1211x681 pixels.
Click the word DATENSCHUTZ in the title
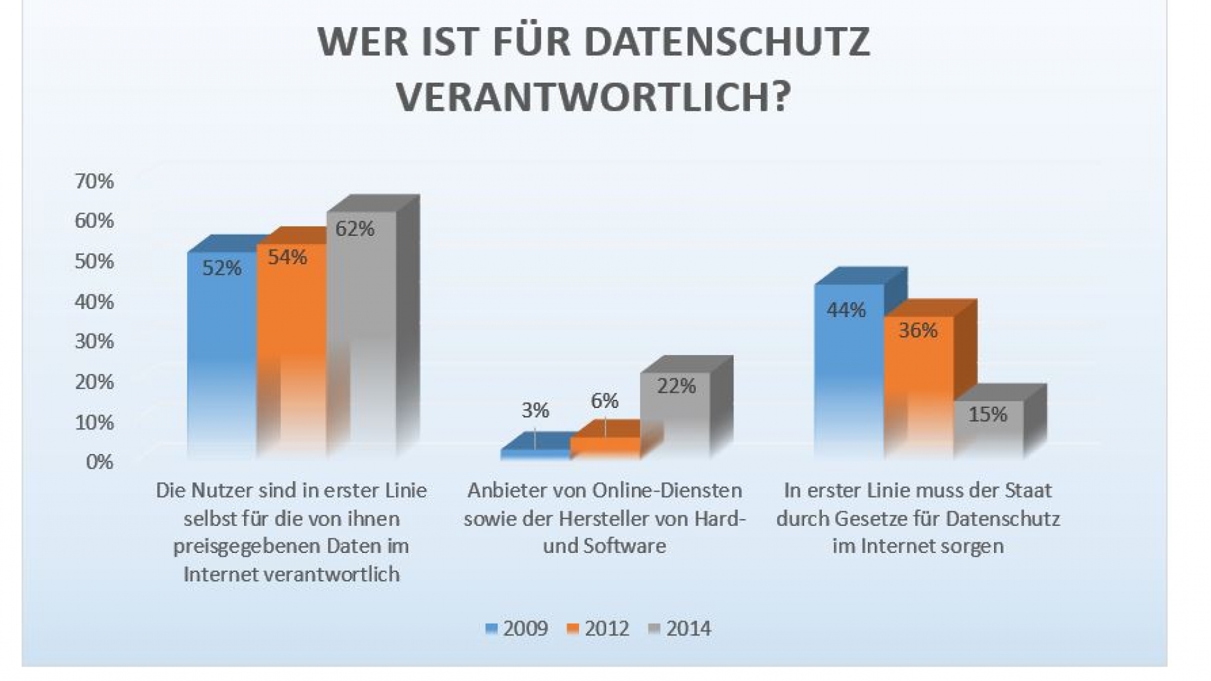point(728,42)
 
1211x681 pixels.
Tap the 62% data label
point(354,228)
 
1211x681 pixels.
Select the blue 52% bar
point(222,353)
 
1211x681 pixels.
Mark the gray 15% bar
point(988,432)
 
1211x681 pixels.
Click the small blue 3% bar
point(535,453)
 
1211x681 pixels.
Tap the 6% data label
point(604,401)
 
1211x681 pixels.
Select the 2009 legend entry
point(517,629)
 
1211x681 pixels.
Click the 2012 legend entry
point(599,629)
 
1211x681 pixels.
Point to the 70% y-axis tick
point(94,182)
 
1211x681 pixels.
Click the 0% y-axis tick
point(99,462)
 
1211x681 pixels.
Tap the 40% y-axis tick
point(94,302)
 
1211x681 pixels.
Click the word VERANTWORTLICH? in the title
point(593,96)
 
